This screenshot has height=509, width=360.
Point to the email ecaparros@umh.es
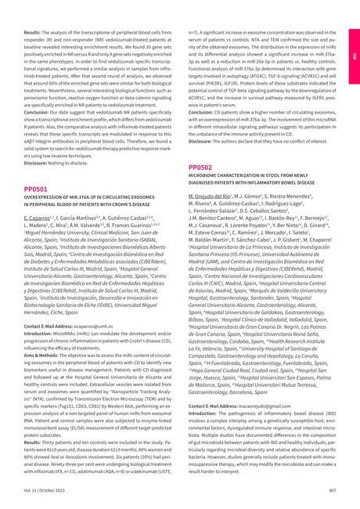coord(93,301)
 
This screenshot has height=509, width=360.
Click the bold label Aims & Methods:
coord(43,332)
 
